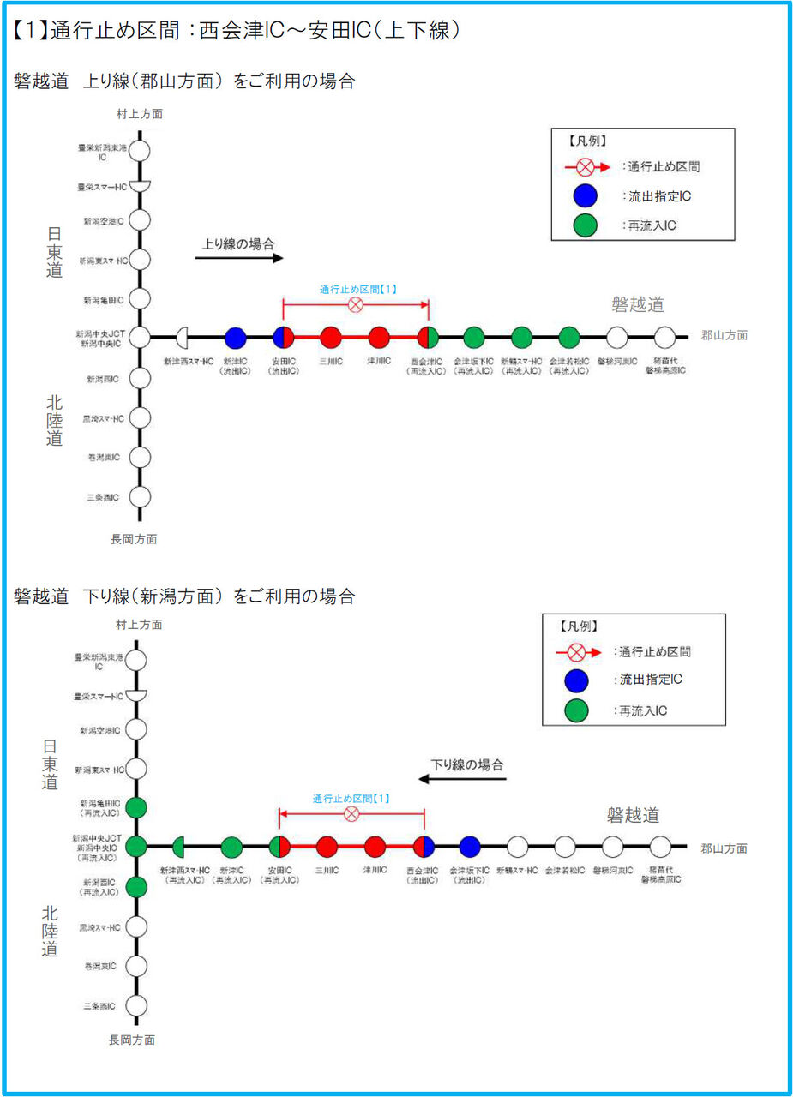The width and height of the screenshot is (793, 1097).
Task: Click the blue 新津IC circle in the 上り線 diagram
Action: pos(236,337)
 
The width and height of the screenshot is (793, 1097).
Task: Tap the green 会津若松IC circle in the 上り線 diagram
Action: pos(569,337)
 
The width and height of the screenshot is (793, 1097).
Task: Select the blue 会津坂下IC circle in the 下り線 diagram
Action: pos(469,847)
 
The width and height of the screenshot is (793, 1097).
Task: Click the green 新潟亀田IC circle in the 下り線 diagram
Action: pos(136,806)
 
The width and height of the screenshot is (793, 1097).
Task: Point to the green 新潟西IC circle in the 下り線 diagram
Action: pos(136,887)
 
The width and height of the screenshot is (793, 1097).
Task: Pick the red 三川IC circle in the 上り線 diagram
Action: pos(331,337)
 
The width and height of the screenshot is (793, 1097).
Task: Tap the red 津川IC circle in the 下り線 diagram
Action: pos(375,847)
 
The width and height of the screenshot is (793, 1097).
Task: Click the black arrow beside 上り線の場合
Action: pos(239,257)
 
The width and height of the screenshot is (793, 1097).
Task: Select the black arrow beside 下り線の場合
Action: pos(462,779)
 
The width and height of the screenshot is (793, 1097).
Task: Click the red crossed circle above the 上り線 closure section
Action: pos(355,304)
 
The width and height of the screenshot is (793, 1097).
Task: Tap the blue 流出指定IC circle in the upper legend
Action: pos(585,196)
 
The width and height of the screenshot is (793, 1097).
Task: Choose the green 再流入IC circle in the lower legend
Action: pos(576,710)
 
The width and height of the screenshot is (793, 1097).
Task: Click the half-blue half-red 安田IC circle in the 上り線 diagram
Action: pos(284,337)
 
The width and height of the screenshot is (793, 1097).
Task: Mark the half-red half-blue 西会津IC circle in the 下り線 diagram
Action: pos(424,847)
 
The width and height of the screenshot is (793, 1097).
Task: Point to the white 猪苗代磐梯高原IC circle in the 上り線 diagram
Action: pos(665,337)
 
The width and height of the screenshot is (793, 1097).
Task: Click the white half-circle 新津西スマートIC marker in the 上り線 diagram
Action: pos(183,337)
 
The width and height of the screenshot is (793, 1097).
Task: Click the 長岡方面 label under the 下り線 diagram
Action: pos(133,1040)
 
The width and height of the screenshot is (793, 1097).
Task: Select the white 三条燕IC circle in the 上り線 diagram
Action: pos(140,497)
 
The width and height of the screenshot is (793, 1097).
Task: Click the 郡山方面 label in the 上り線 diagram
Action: pos(724,336)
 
